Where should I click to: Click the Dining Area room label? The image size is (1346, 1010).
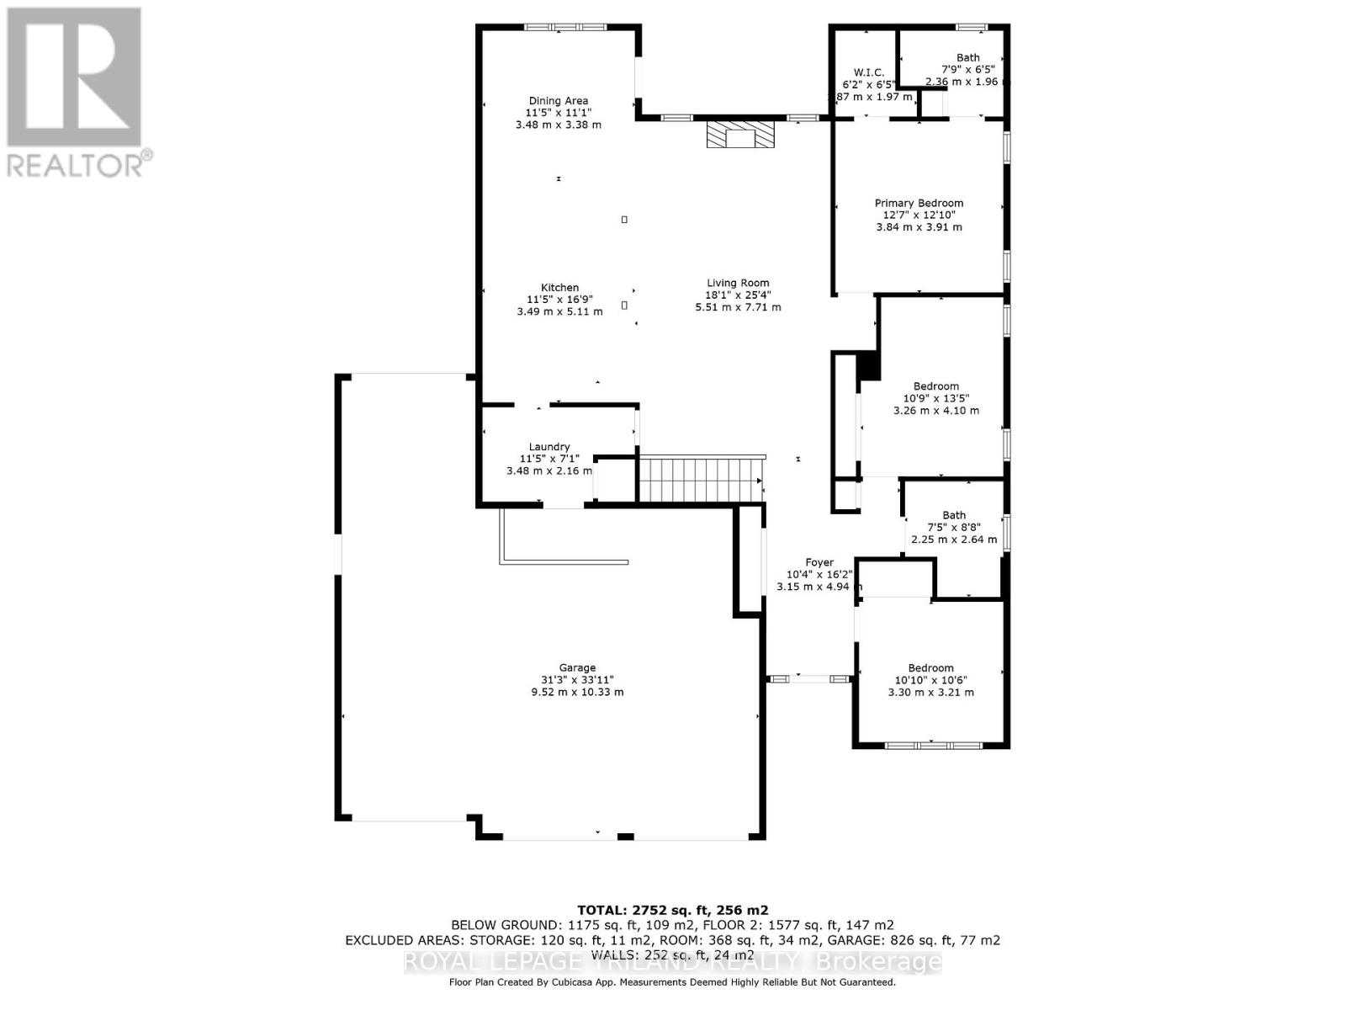558,101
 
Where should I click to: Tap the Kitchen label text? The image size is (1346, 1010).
559,288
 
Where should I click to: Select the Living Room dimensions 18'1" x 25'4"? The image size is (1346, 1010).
738,295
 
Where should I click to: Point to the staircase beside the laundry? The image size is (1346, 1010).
701,479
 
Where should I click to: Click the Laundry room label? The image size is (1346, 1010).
549,447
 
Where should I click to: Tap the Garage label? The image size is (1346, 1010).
577,667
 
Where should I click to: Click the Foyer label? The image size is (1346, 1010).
819,562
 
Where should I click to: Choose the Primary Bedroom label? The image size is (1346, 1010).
919,203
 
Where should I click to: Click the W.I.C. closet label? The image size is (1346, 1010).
869,72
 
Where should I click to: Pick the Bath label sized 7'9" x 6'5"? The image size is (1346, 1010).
967,58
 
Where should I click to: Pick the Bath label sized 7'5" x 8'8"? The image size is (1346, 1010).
954,515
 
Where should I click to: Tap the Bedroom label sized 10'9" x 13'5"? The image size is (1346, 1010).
936,386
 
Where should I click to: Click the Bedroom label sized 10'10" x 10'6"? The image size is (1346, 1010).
930,667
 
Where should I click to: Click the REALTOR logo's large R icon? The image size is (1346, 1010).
74,77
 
